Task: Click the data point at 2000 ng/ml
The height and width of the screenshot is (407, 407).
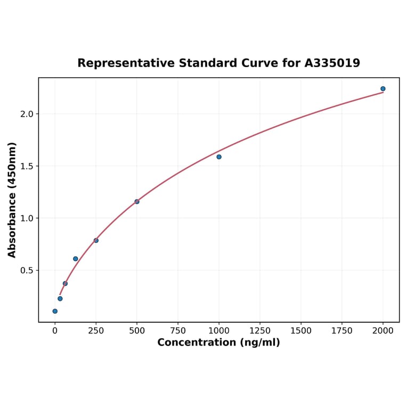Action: click(382, 89)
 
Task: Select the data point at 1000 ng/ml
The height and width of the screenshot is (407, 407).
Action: click(219, 157)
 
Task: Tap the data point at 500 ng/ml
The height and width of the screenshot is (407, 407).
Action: click(137, 201)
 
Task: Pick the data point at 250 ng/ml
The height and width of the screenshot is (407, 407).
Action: click(96, 240)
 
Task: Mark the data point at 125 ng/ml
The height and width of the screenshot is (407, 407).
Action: click(76, 259)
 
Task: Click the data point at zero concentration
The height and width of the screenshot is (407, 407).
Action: click(55, 311)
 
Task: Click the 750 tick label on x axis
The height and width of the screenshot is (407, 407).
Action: click(178, 331)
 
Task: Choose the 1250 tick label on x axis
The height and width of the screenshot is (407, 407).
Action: click(260, 331)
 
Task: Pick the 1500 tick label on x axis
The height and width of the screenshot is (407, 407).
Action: click(301, 331)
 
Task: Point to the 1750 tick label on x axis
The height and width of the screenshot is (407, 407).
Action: click(342, 331)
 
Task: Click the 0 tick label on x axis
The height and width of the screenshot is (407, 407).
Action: click(55, 331)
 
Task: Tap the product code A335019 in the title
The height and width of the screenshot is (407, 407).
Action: click(332, 63)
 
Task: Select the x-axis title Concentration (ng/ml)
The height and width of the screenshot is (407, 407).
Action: click(218, 343)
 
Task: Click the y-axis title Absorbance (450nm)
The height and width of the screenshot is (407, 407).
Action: click(12, 200)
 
